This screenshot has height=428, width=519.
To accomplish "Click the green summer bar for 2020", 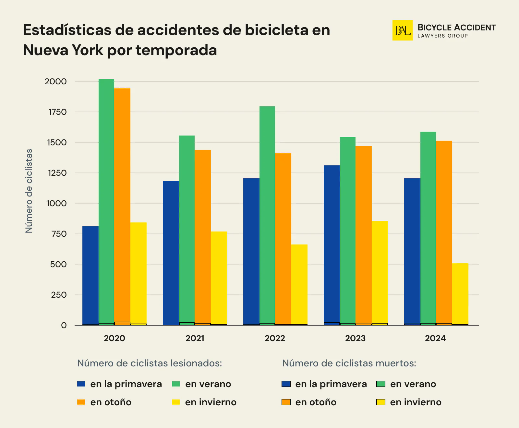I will (106, 201).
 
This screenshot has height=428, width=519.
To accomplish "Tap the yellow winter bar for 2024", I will (460, 293).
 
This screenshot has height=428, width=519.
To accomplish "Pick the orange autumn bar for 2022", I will (283, 238).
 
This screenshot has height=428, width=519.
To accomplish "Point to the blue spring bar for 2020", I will (90, 276).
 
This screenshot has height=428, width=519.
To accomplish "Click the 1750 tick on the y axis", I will (57, 112).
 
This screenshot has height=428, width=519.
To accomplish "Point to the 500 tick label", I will (58, 265).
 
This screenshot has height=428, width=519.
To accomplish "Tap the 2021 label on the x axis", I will (195, 338).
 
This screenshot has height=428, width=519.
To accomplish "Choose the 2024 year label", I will (435, 338).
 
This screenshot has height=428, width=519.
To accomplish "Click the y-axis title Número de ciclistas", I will (29, 191).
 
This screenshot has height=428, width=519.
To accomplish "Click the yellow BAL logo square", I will (402, 30).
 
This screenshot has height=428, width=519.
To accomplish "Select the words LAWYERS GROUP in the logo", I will (442, 36).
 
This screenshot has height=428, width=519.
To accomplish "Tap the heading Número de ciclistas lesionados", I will (150, 363).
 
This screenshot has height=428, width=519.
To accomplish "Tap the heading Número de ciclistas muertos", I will (349, 363).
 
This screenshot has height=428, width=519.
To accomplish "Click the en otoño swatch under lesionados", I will (81, 402).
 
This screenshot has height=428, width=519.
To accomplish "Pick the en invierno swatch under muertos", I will (380, 402).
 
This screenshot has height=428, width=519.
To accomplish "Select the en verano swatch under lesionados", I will (176, 384).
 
